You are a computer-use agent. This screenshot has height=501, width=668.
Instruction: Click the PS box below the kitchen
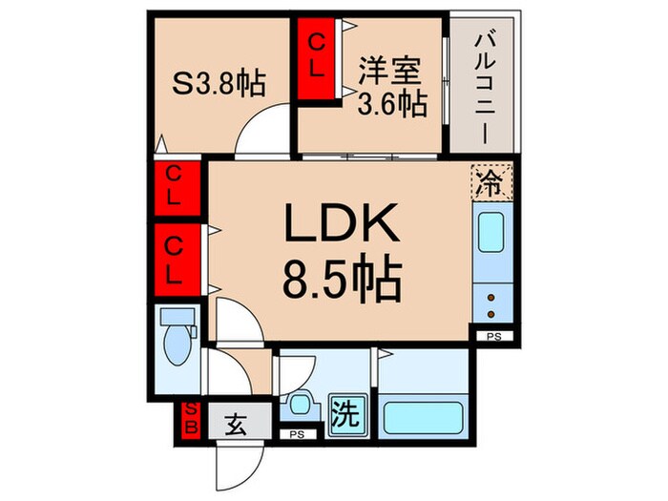493,337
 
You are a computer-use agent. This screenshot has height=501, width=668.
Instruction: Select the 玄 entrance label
236,420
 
